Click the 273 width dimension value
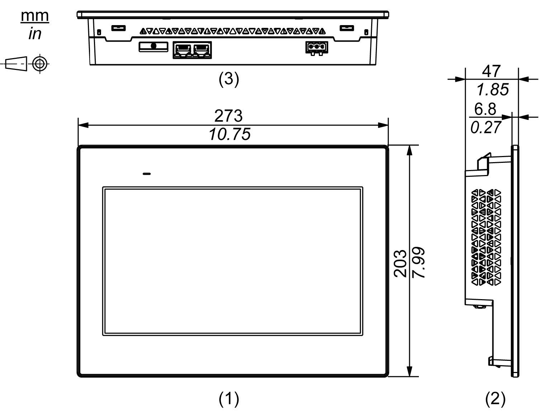coord(228,116)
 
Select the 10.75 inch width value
coord(230,135)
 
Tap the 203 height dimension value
coord(401,263)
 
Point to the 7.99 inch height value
coord(419,263)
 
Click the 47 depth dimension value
coord(491,71)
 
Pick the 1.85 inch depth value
coord(492,90)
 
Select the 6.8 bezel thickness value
coord(485,109)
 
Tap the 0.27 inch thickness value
coord(486,127)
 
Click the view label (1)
coord(229,398)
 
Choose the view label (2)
coord(495,398)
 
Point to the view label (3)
coord(229,79)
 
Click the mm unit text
coord(35,16)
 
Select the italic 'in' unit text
coord(35,34)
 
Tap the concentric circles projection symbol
coord(40,64)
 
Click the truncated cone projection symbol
coord(17,64)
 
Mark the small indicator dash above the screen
coord(146,174)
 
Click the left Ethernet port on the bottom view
coord(183,49)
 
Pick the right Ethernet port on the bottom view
coord(202,49)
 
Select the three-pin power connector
coord(316,47)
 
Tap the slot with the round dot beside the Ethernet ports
coord(153,46)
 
